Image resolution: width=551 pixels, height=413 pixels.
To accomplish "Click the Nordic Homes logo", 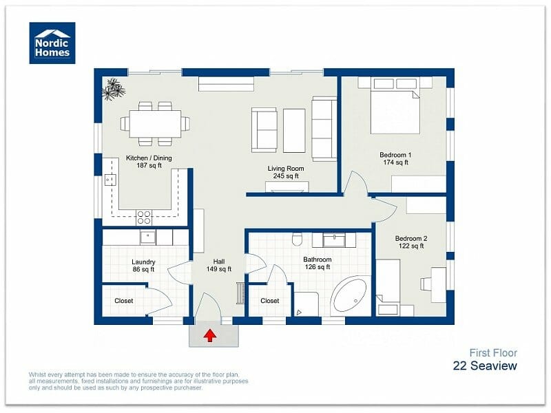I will point(52,43).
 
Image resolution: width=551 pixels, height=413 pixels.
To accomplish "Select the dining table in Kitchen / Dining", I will point(155,124).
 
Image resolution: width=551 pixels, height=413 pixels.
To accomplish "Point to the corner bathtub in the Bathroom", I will point(351,297).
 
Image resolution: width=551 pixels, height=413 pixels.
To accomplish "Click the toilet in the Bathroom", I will point(298,239).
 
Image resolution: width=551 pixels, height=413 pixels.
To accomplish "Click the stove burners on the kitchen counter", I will point(144,218).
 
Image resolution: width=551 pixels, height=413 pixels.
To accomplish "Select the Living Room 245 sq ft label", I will point(286,172).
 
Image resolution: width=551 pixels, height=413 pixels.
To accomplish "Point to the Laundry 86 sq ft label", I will point(143,266).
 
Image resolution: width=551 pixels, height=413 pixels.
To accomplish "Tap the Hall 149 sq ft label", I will point(219,266).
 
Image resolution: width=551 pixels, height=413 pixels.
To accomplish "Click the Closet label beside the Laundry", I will point(123,301).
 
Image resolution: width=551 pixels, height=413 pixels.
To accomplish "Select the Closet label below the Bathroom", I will point(269,301).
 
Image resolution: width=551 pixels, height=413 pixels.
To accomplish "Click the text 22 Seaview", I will point(485,366).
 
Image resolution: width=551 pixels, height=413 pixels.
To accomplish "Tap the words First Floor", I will point(493,352).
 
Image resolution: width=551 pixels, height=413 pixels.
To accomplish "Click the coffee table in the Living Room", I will point(294,130).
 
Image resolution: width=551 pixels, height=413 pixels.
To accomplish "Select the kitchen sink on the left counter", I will point(109,180).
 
